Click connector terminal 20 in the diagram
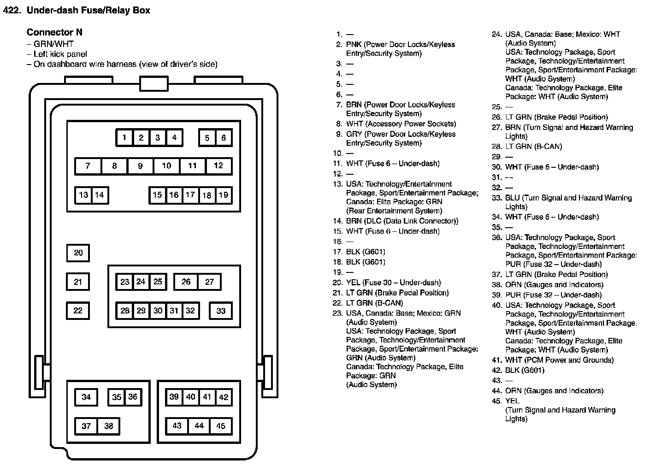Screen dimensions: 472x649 (x=78, y=253)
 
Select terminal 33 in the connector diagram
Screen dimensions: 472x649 (x=221, y=311)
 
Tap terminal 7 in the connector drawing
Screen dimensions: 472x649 (x=88, y=166)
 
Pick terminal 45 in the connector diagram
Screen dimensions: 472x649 (x=221, y=426)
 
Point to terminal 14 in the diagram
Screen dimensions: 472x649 (x=100, y=195)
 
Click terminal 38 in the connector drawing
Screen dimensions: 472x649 (x=109, y=426)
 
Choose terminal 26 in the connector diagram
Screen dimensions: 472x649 (x=186, y=282)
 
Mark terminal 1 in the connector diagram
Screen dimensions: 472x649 (x=124, y=137)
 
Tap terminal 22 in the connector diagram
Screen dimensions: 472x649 (x=78, y=311)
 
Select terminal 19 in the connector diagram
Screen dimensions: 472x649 (x=224, y=195)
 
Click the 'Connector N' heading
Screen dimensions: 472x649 (x=54, y=32)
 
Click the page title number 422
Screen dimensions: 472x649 (x=12, y=10)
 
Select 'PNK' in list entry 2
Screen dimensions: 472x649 (x=354, y=45)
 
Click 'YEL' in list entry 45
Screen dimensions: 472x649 (x=512, y=401)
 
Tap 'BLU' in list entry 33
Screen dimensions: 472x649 (x=512, y=198)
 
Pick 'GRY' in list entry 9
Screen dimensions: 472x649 (x=354, y=134)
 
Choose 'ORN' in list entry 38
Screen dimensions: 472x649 (x=513, y=285)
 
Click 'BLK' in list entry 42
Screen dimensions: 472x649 (x=513, y=370)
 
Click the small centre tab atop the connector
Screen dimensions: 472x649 (x=153, y=84)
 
